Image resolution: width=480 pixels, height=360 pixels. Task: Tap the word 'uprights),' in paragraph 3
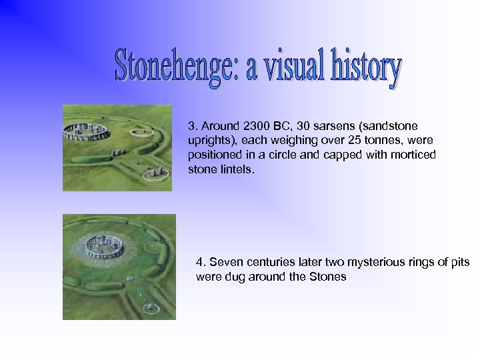212,140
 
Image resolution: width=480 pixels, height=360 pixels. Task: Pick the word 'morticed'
414,155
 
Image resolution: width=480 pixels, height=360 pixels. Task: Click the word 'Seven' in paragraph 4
222,262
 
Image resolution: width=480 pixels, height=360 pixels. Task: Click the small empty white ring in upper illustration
139,133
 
